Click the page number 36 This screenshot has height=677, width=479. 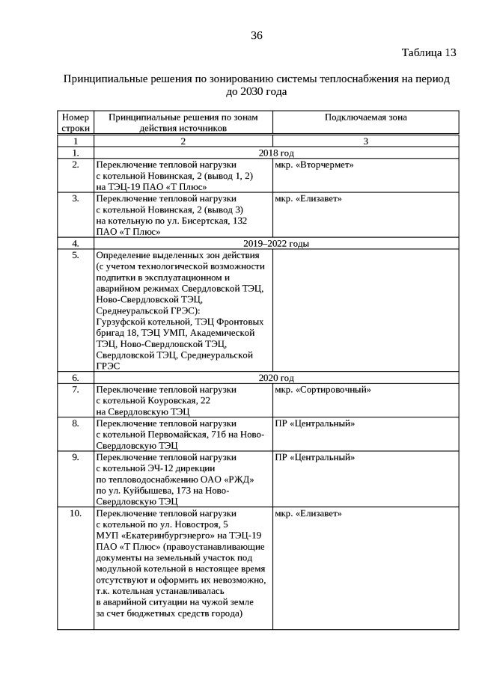click(257, 35)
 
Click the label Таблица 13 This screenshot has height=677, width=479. click(428, 52)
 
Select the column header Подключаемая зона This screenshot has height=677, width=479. click(365, 117)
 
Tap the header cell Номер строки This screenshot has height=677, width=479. click(76, 123)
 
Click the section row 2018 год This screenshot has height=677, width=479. click(276, 153)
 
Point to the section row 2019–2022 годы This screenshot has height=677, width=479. click(276, 243)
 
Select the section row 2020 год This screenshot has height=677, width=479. click(276, 378)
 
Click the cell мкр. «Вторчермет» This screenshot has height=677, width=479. click(314, 165)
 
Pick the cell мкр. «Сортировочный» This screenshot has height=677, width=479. click(323, 390)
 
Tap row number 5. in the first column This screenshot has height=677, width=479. click(76, 254)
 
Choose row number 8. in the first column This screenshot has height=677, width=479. click(76, 423)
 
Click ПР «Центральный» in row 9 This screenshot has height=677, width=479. click(314, 457)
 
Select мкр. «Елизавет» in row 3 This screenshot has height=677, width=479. click(308, 198)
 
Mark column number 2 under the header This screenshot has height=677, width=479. click(183, 141)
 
